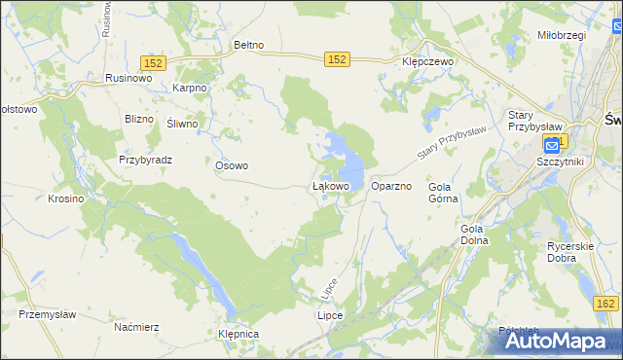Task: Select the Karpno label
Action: (190, 88)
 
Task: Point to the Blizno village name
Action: (140, 120)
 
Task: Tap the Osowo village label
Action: (232, 165)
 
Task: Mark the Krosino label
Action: (66, 198)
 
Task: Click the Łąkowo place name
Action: (330, 185)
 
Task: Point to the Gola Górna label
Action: (443, 192)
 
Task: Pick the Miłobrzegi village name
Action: (561, 35)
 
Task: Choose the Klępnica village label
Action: (239, 334)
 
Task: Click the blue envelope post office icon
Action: (552, 146)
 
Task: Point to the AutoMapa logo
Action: (566, 341)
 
